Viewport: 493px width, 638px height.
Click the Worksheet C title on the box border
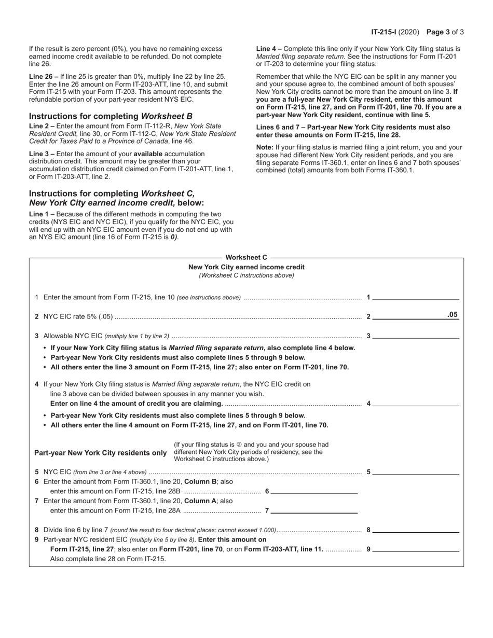point(246,257)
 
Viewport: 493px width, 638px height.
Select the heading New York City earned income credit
point(246,267)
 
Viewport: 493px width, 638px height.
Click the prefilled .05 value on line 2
point(453,314)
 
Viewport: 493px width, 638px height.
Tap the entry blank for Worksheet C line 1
point(416,297)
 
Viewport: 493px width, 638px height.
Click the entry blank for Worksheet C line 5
point(416,471)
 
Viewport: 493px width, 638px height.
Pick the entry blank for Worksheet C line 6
point(314,491)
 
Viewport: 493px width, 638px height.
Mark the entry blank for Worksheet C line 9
point(416,548)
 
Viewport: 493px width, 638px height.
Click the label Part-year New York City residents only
point(101,452)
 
